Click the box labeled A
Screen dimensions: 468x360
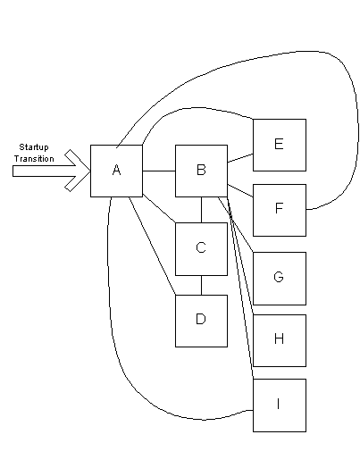click(x=116, y=170)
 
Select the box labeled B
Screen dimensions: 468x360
click(x=201, y=170)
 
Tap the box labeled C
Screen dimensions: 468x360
click(x=201, y=248)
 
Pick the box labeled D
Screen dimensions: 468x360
click(x=201, y=320)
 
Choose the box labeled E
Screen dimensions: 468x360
click(x=279, y=144)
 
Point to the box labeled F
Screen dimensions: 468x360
click(x=279, y=210)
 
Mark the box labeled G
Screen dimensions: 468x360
click(x=279, y=278)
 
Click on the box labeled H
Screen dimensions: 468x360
click(x=279, y=340)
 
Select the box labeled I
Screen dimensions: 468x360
click(x=279, y=405)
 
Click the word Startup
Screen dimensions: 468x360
click(x=34, y=146)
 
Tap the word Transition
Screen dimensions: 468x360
click(x=34, y=158)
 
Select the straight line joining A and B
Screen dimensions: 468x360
click(x=158, y=170)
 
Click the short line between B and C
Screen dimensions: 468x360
click(x=201, y=209)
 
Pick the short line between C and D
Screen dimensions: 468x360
click(x=201, y=284)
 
